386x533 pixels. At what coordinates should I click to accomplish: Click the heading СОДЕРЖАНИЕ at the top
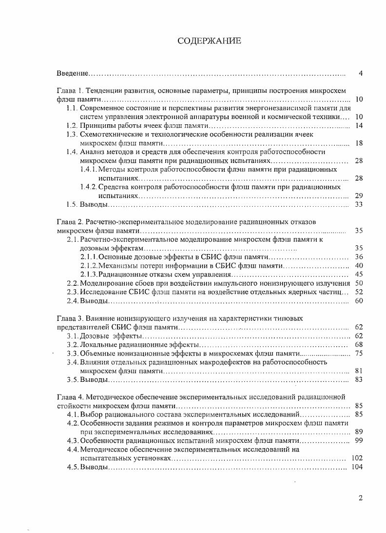[x=209, y=41]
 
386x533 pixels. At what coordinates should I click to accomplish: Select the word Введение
[x=72, y=74]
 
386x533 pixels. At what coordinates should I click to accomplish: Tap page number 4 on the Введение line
[x=360, y=74]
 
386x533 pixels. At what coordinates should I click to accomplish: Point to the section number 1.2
[x=72, y=125]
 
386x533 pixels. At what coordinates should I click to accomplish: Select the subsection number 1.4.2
[x=88, y=187]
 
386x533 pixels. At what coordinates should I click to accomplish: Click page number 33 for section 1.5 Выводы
[x=359, y=204]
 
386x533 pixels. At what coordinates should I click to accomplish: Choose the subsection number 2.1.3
[x=89, y=274]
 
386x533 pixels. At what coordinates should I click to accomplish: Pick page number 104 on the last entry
[x=357, y=467]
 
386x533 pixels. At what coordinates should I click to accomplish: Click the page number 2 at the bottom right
[x=360, y=498]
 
